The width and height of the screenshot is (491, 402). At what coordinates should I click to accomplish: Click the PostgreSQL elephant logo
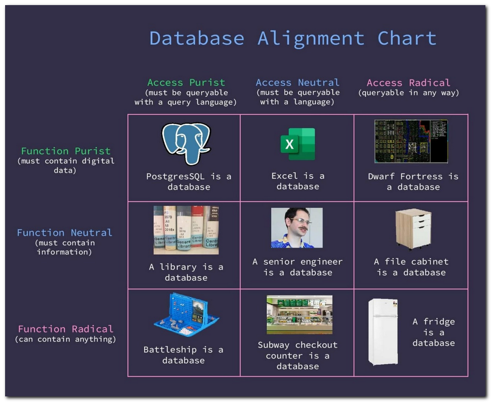(x=186, y=143)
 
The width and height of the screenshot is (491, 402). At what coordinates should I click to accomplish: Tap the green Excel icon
(x=297, y=144)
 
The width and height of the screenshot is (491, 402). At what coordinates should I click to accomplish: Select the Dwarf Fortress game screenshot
(x=411, y=141)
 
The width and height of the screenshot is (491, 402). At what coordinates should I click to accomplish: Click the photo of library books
(x=186, y=230)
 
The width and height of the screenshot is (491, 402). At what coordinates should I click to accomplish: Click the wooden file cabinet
(x=413, y=229)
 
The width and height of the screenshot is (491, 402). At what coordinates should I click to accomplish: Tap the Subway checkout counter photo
(x=299, y=314)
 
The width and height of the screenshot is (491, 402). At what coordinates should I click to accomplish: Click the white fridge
(x=383, y=332)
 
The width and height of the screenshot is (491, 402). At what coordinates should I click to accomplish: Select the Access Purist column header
(x=186, y=83)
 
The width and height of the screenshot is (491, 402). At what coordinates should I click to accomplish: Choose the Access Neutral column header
(x=297, y=83)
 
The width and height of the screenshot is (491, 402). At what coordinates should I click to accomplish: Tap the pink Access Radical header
(x=408, y=83)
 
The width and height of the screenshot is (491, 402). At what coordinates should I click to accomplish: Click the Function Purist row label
(x=66, y=151)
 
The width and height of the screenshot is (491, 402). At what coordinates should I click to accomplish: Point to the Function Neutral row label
(x=65, y=232)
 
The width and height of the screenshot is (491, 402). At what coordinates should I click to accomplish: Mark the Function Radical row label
(x=66, y=329)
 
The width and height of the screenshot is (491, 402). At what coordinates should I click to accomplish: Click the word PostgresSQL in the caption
(x=176, y=176)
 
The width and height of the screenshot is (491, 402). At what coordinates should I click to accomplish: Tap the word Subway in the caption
(x=274, y=345)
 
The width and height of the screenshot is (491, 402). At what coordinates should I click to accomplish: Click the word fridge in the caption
(x=439, y=321)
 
